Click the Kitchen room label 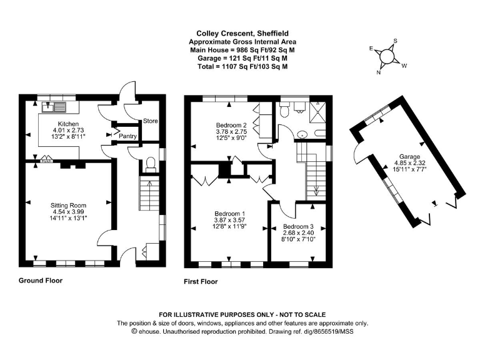click(x=67, y=124)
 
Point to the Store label click(x=151, y=121)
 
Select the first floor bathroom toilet click(x=284, y=111)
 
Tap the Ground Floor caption click(x=41, y=281)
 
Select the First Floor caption click(x=201, y=282)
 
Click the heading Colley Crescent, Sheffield click(x=239, y=33)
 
